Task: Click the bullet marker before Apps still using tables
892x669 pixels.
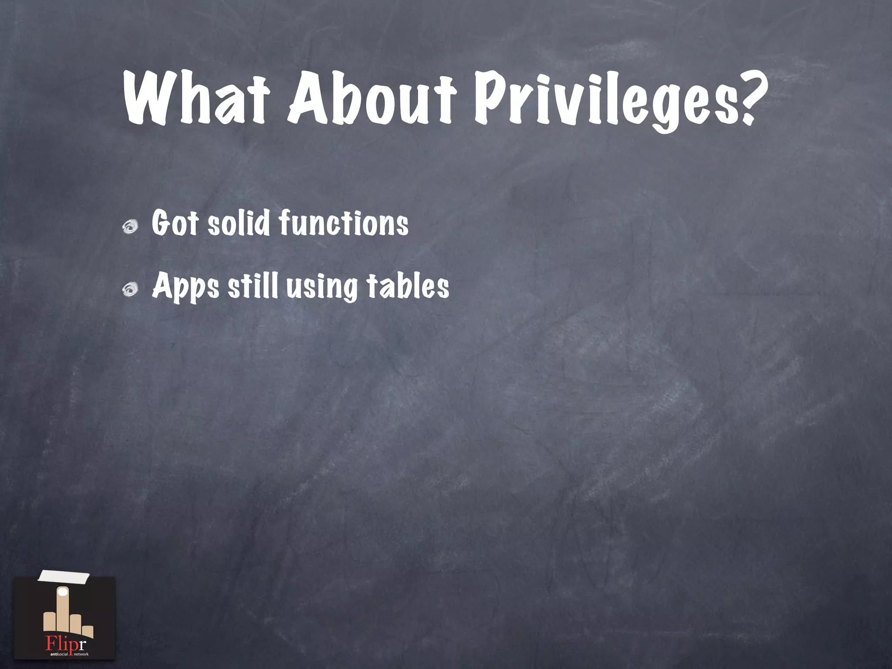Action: [130, 289]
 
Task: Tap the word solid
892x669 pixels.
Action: [238, 223]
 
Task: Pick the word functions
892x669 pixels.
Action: [344, 223]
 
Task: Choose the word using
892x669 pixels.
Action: [321, 287]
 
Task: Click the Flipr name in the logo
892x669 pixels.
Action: [66, 643]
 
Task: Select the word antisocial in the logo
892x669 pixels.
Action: [59, 654]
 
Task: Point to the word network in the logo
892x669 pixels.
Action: [81, 654]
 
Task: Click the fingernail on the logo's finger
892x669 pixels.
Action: [64, 592]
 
